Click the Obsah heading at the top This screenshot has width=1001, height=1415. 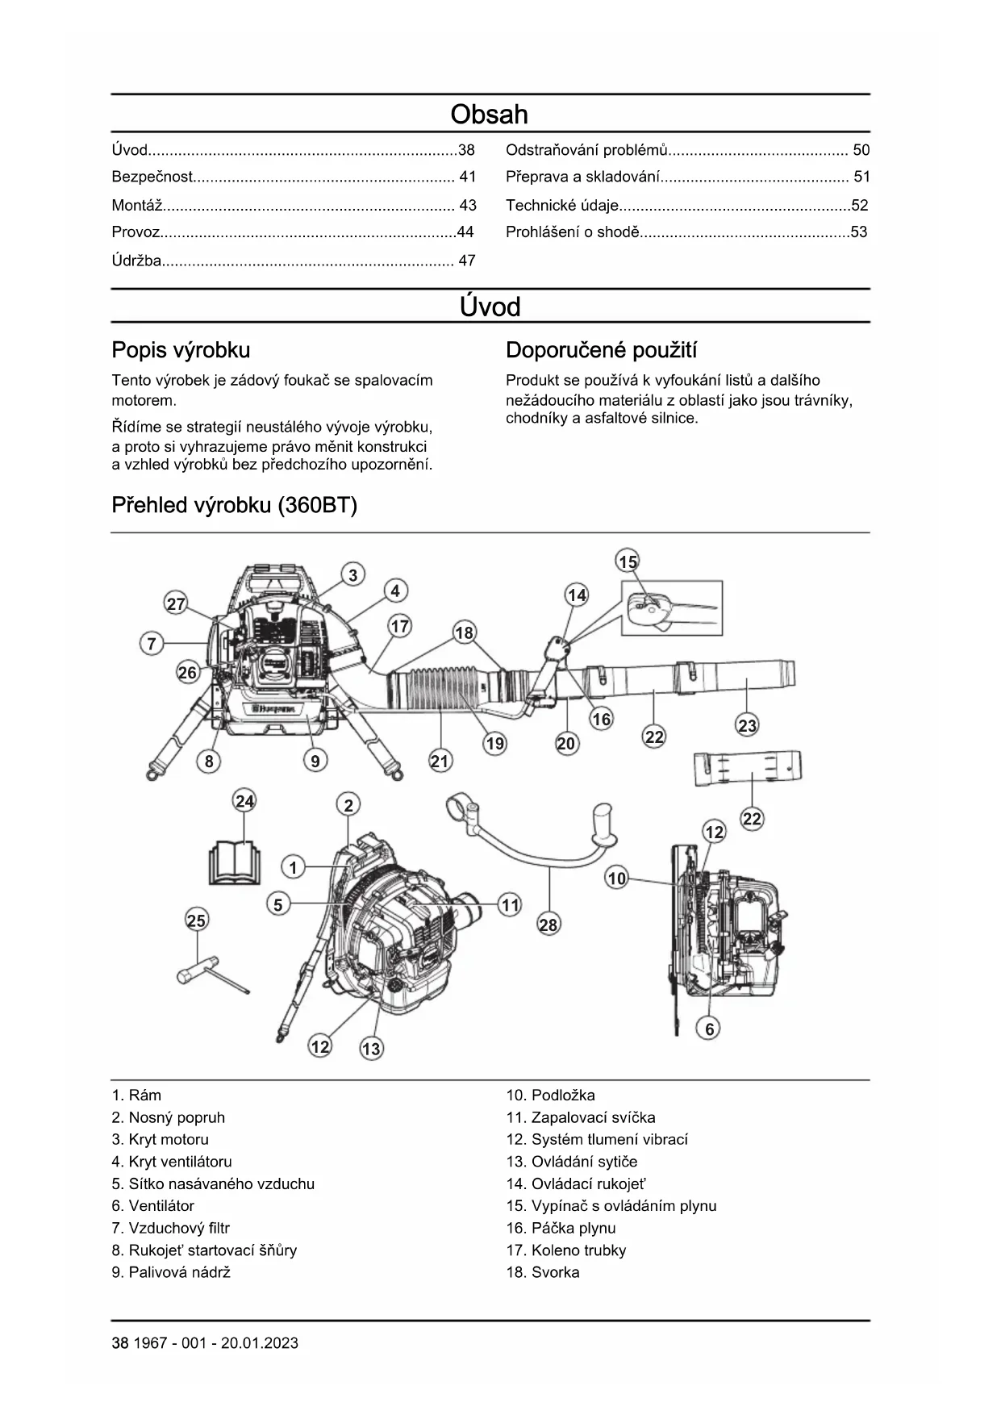[x=489, y=115]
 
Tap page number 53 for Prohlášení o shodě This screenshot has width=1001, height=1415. [x=858, y=232]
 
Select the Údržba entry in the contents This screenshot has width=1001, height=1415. [x=136, y=261]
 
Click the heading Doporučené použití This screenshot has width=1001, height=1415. [x=601, y=350]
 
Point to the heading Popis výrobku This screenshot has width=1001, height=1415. [x=181, y=350]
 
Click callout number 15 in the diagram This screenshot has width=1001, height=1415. [x=627, y=561]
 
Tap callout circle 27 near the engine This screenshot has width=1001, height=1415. [x=176, y=603]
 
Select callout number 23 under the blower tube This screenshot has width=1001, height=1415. [x=747, y=725]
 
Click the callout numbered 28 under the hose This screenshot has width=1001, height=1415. [x=548, y=925]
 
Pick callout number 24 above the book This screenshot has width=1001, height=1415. [x=244, y=801]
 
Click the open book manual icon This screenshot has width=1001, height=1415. [x=235, y=862]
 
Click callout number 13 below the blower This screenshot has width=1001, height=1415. [x=371, y=1049]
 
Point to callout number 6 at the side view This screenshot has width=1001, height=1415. [x=709, y=1029]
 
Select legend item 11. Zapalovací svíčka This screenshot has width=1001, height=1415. [x=580, y=1117]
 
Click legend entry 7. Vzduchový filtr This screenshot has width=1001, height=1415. [x=170, y=1228]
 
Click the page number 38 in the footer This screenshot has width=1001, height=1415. [x=119, y=1343]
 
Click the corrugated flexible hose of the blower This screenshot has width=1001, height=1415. [x=440, y=692]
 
